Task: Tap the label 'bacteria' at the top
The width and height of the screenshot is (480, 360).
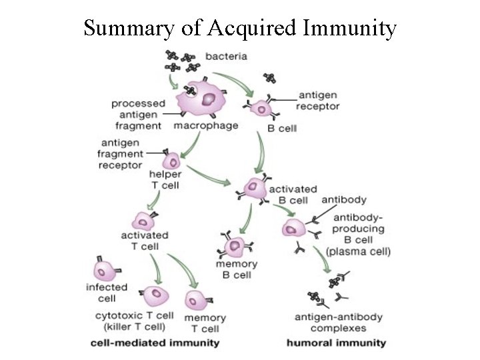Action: (226, 57)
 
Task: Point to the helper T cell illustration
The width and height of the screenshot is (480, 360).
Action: (171, 161)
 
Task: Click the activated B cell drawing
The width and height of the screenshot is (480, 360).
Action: (254, 189)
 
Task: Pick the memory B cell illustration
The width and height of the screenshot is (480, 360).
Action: (235, 247)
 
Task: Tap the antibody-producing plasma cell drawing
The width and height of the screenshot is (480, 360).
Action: (293, 230)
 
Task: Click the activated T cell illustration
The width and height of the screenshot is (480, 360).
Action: (143, 221)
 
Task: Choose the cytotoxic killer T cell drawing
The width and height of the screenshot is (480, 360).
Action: (157, 294)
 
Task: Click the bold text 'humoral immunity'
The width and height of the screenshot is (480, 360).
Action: (336, 343)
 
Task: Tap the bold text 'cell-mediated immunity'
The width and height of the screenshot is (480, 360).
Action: (155, 343)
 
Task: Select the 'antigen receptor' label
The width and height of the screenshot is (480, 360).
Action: (318, 101)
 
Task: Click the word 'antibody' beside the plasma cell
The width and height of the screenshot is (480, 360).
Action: (343, 199)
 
